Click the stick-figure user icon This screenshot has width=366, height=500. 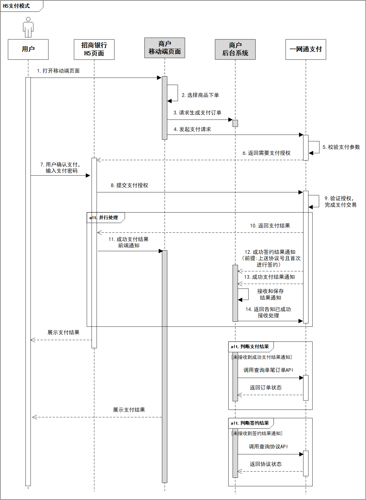tap(28, 27)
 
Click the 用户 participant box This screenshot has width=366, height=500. tap(28, 49)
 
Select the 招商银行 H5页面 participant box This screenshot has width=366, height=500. tap(94, 50)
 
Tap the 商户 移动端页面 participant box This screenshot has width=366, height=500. tap(165, 48)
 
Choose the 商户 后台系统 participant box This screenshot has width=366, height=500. tap(235, 49)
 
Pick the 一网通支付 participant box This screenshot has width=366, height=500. tap(306, 49)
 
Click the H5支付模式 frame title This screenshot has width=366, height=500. tap(17, 6)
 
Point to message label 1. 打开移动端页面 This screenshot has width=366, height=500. tap(58, 71)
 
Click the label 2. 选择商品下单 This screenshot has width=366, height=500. tap(200, 95)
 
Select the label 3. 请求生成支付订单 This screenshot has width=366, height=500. tap(197, 113)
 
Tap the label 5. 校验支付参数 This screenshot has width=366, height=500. tap(341, 147)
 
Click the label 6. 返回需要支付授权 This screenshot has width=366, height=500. tap(266, 153)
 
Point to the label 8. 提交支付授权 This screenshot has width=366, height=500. tap(129, 185)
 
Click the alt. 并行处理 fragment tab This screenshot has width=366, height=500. tap(104, 218)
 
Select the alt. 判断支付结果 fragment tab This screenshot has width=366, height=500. tap(250, 347)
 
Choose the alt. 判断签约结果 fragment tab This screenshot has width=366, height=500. tap(250, 423)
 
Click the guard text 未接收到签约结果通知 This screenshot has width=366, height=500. tap(257, 434)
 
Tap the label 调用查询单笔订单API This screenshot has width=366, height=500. tap(268, 370)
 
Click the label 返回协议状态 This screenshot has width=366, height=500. tap(265, 464)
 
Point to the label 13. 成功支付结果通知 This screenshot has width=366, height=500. tap(269, 277)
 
